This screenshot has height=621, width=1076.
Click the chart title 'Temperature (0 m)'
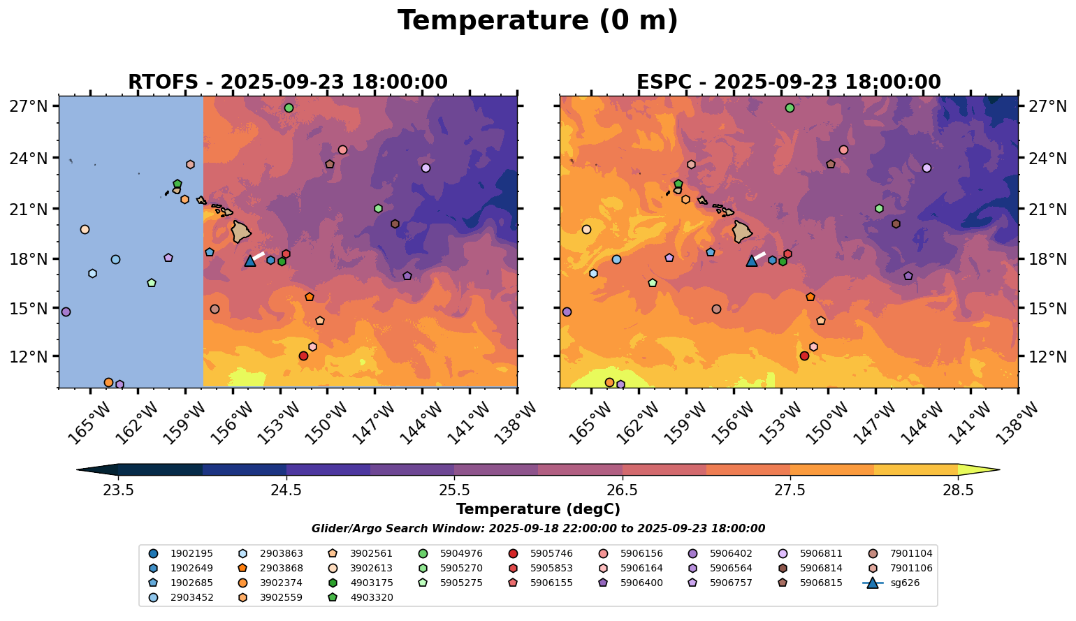click(537, 21)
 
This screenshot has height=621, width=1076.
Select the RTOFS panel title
click(287, 82)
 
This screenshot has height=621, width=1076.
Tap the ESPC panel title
click(788, 82)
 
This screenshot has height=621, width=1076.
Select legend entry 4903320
click(371, 597)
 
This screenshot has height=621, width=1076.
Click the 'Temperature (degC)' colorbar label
click(537, 509)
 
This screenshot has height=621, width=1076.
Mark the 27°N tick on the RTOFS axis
click(33, 106)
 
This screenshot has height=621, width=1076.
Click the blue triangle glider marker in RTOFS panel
click(250, 261)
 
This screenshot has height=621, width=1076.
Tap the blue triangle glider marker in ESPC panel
click(751, 261)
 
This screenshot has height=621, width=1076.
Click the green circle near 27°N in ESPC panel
click(790, 108)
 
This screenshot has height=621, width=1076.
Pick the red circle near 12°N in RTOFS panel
click(303, 356)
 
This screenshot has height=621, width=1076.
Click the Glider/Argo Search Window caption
click(537, 529)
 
